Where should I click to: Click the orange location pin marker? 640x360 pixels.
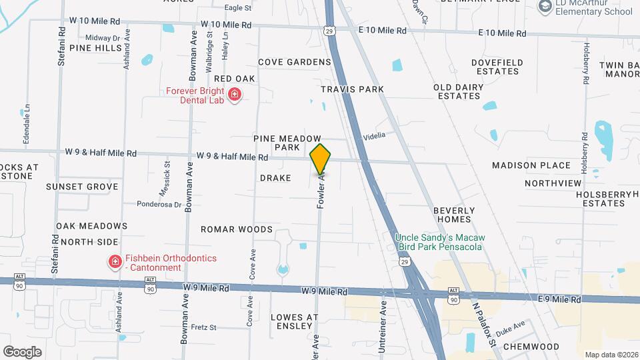pos(321,159)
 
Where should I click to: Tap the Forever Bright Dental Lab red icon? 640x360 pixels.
pos(234,95)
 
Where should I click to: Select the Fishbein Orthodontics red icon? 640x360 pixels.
pos(115,262)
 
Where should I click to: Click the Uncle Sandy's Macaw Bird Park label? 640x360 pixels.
pos(439,242)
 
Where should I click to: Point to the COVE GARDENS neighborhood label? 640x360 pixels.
pos(294,62)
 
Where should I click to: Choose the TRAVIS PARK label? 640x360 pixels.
pos(352,89)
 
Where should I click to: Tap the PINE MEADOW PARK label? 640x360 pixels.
pos(287,142)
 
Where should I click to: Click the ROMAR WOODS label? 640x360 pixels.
pos(237,229)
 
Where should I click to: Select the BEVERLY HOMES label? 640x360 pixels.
pos(452,214)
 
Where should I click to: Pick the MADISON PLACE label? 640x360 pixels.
pos(531,165)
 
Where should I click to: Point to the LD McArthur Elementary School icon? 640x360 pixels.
pos(545,6)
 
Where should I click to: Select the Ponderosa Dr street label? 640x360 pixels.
pos(159,205)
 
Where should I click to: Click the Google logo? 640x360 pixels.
pos(22,352)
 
